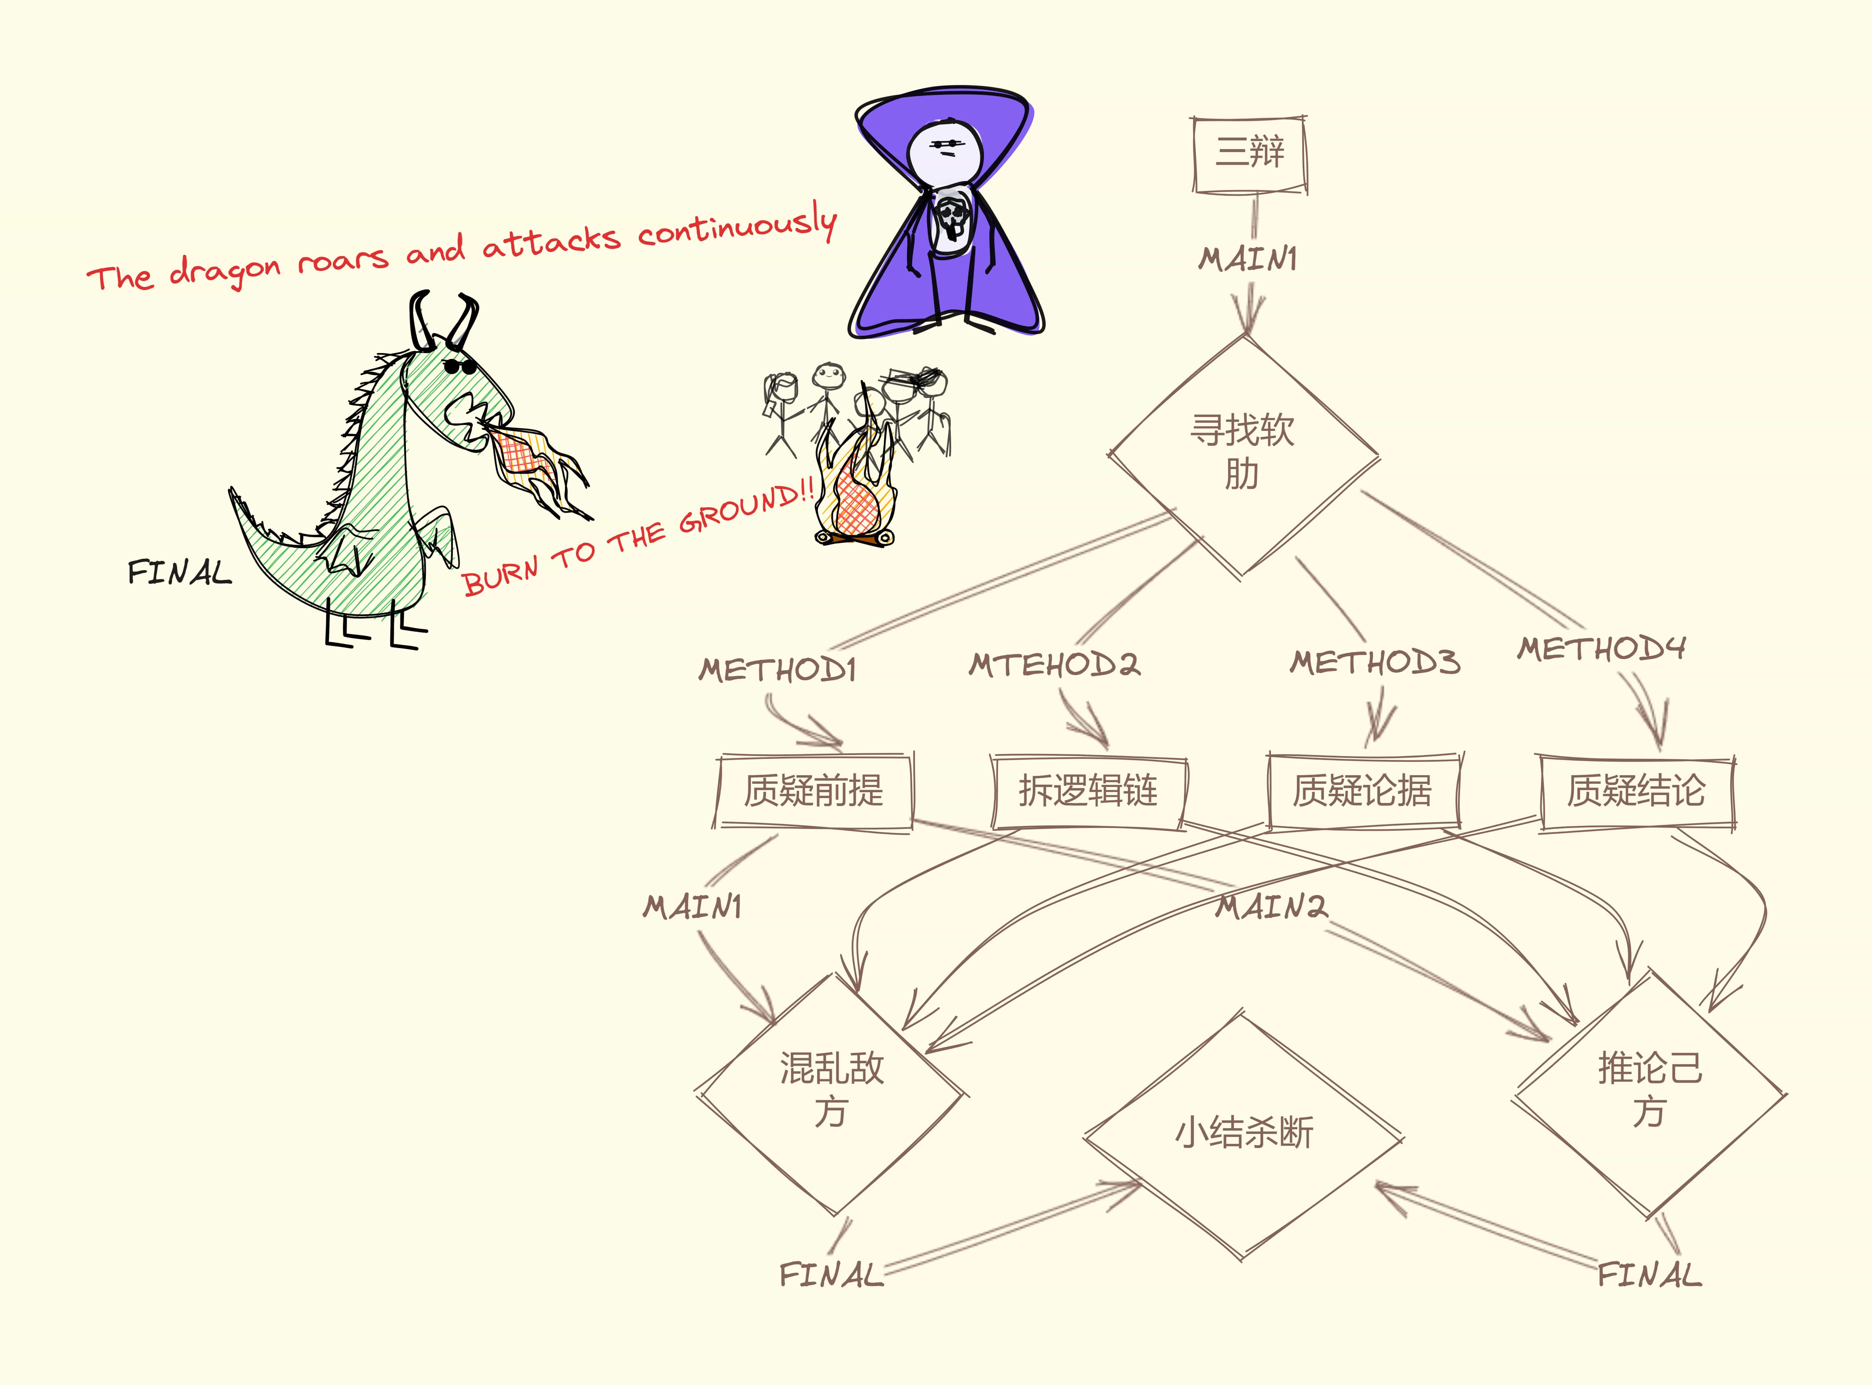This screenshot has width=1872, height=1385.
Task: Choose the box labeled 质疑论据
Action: click(x=1362, y=790)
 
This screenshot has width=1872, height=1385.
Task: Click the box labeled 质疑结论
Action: click(x=1636, y=790)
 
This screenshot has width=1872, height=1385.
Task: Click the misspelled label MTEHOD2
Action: click(x=1054, y=665)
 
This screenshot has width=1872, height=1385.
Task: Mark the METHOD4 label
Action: click(x=1600, y=648)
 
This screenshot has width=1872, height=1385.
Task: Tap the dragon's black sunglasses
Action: click(x=460, y=366)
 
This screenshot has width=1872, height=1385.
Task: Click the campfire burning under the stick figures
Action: click(x=856, y=495)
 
